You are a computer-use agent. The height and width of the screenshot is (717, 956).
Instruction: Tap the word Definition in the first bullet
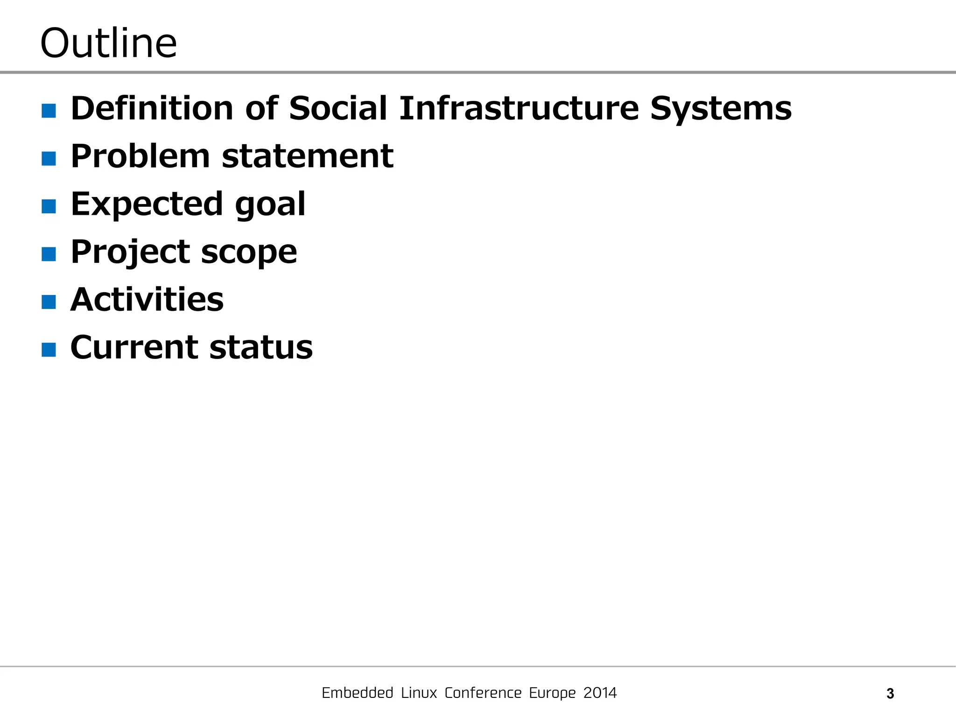click(152, 108)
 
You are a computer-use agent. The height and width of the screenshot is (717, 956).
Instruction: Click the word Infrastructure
click(519, 108)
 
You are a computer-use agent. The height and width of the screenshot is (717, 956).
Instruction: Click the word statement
click(308, 157)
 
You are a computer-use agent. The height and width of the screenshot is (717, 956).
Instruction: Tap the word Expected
click(147, 204)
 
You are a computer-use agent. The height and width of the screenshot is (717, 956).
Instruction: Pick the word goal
click(270, 205)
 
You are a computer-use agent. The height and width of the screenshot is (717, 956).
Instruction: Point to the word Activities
click(147, 300)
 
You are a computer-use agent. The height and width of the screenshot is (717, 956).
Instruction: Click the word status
click(261, 348)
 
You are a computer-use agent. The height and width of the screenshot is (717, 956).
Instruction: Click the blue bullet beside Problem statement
click(49, 159)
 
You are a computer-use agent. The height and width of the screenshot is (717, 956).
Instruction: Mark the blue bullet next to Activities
click(49, 302)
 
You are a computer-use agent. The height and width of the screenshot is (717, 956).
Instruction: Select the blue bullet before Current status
click(49, 350)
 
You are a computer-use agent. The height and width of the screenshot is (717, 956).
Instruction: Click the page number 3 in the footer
click(890, 694)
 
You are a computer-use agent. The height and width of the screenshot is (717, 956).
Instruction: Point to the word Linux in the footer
click(419, 693)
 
